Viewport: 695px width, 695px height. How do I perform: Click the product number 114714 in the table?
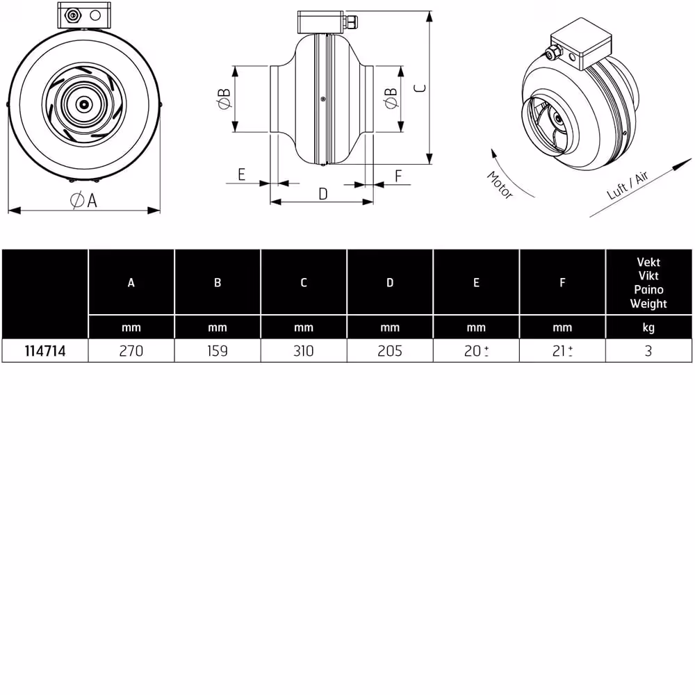point(44,351)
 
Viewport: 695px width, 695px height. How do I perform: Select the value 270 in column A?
point(131,351)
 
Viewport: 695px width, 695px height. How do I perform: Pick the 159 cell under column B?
point(217,351)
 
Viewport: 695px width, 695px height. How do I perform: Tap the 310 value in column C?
point(304,351)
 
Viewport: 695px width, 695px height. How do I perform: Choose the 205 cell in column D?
point(390,351)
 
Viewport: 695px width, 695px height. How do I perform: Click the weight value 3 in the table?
point(648,351)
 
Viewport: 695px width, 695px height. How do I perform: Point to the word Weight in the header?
point(648,304)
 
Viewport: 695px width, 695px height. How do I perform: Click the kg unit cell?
point(648,328)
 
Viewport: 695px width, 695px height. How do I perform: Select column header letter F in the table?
point(562,282)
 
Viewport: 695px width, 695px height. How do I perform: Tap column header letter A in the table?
point(131,282)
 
